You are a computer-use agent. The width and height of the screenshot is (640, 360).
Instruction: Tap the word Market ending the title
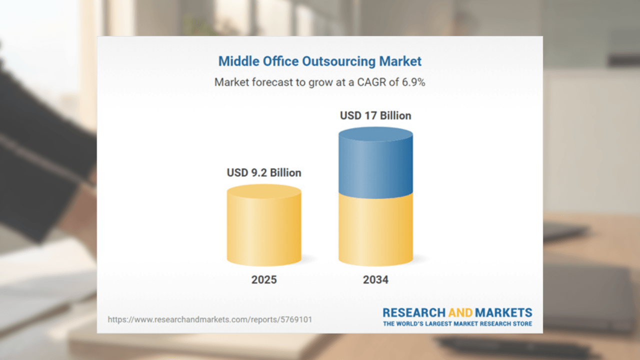(400, 61)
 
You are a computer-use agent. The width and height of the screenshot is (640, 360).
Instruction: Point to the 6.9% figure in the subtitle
(413, 82)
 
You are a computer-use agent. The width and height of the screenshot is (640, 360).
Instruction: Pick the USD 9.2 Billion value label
(264, 173)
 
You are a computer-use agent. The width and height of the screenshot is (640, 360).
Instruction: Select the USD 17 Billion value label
(375, 115)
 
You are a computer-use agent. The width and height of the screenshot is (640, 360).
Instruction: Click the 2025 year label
(264, 279)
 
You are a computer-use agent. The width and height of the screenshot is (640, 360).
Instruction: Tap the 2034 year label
(375, 279)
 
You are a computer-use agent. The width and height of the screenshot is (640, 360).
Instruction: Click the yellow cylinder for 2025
(264, 230)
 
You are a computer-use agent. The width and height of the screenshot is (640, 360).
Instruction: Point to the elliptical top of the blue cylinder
(375, 134)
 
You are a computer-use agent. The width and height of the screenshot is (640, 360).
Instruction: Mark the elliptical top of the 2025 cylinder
(264, 191)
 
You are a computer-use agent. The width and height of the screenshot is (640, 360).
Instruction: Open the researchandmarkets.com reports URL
(210, 319)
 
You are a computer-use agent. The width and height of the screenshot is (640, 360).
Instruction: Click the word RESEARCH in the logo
(414, 313)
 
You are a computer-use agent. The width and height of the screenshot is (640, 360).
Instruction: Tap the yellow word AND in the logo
(460, 313)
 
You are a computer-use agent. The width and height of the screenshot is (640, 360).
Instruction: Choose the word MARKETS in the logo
(503, 313)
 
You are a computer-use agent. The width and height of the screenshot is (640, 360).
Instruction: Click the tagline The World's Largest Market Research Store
(457, 324)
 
